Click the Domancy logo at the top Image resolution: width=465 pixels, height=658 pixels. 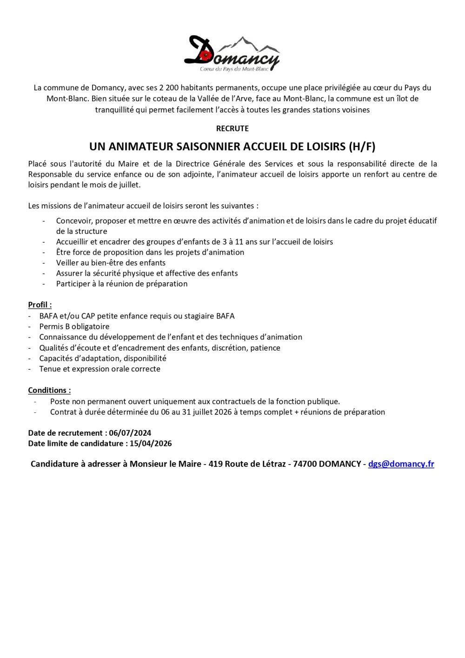232,54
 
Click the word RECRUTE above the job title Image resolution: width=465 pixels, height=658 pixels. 232,128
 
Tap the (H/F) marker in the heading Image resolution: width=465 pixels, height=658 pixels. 362,147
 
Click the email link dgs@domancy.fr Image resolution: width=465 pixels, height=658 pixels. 401,464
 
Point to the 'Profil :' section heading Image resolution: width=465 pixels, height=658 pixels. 40,305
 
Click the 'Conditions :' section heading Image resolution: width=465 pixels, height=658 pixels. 49,391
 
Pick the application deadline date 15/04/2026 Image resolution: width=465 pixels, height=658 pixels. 151,444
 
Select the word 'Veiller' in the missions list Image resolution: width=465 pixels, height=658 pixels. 68,263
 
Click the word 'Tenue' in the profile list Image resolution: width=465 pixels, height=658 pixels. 50,369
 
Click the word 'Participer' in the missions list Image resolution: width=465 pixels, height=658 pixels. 73,284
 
